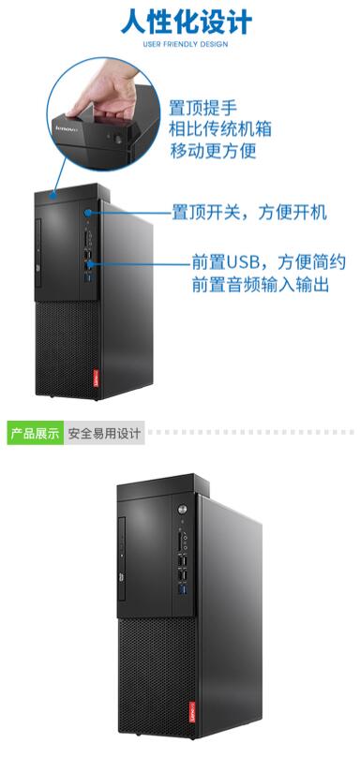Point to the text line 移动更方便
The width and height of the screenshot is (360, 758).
tap(213, 150)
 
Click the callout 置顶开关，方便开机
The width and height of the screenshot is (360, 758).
tap(248, 213)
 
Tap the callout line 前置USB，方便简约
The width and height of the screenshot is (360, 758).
tap(268, 261)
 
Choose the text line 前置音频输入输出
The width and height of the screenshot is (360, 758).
tap(260, 283)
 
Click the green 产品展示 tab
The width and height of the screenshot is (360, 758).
tap(35, 433)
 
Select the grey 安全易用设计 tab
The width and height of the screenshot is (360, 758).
tap(104, 433)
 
